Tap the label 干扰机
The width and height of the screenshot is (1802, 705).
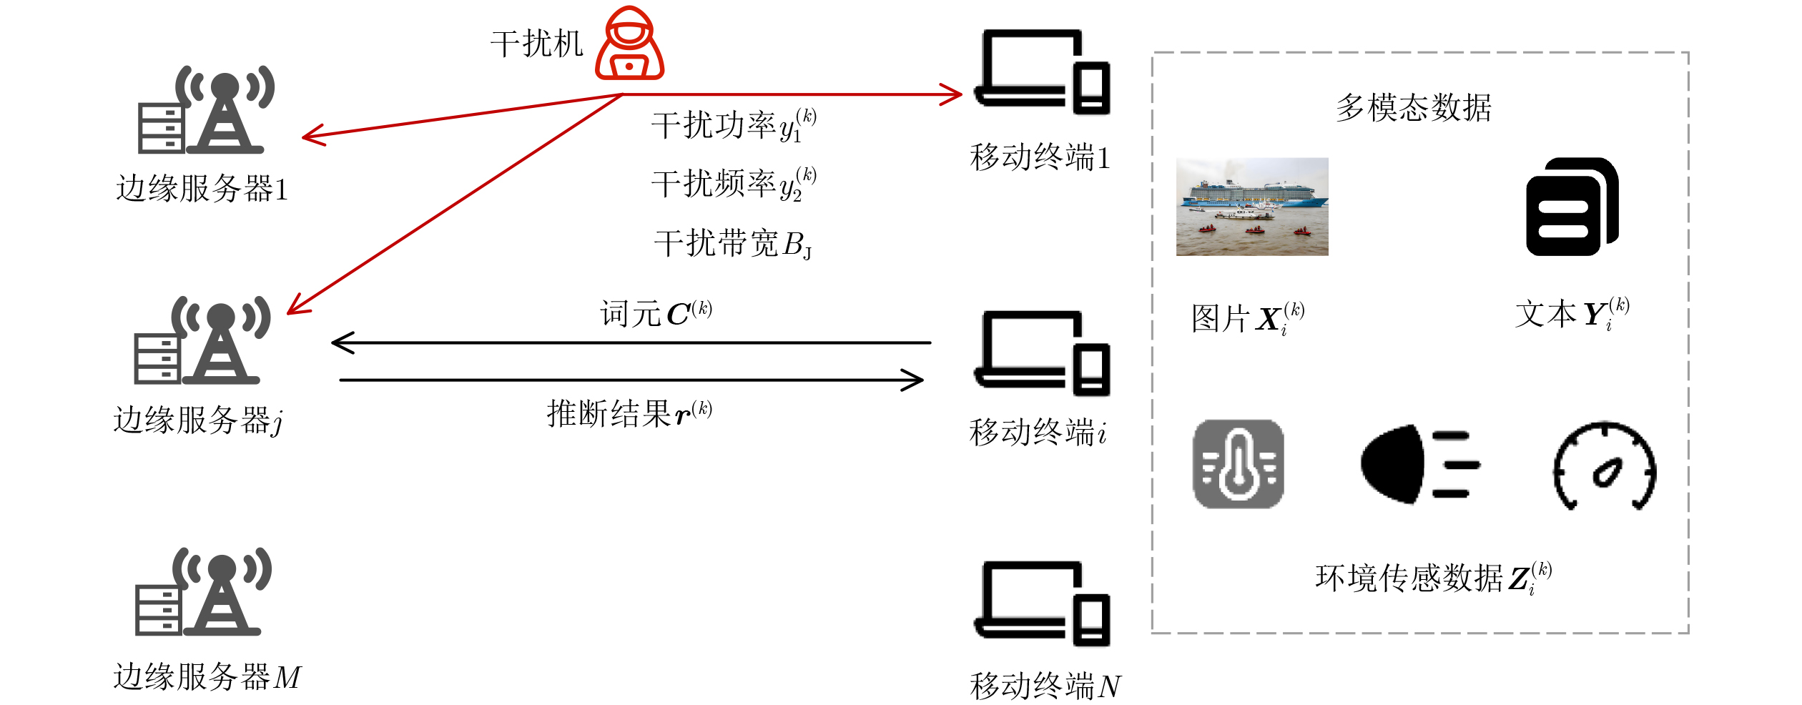coord(536,44)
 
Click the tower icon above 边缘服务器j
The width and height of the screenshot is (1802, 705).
coord(202,340)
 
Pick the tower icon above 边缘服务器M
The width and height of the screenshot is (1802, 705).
coord(203,592)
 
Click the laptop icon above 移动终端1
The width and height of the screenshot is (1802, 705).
coord(1042,72)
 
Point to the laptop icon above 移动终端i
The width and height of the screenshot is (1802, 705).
coord(1042,353)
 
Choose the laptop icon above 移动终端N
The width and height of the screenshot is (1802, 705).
coord(1042,603)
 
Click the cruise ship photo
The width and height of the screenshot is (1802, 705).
coord(1251,207)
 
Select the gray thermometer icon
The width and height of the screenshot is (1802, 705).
coord(1238,464)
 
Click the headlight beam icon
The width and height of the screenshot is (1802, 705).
coord(1419,464)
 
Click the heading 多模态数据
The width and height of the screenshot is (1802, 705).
coord(1413,108)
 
